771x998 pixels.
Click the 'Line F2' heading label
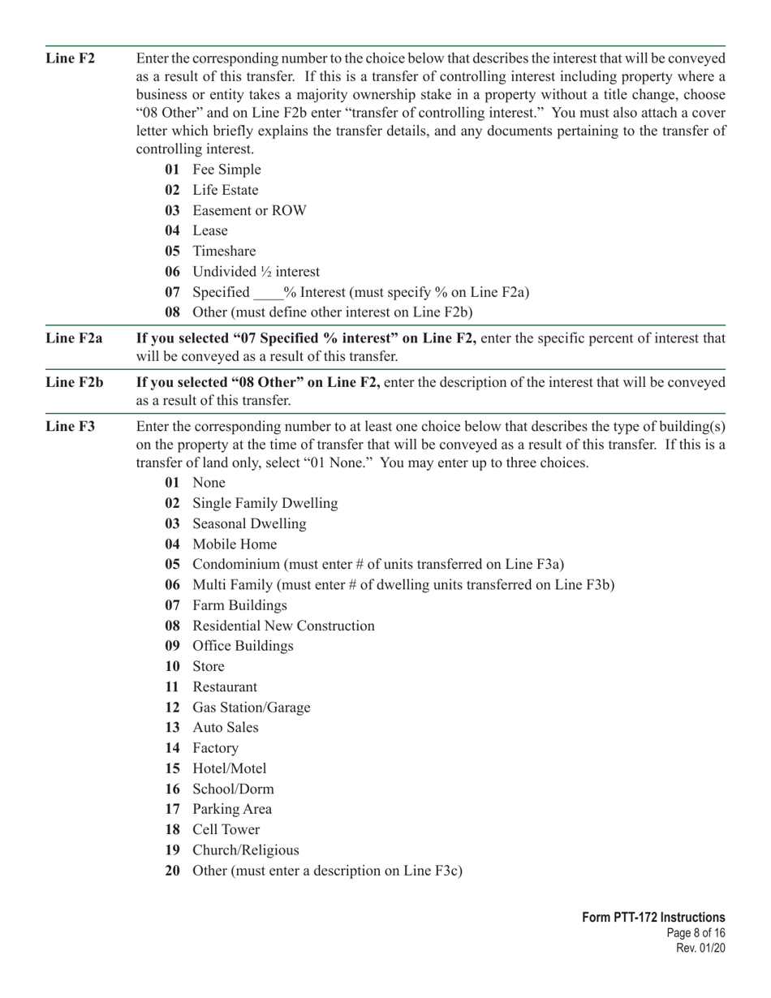coord(70,58)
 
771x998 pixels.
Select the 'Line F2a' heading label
coord(74,338)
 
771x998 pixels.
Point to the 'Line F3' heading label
coord(70,427)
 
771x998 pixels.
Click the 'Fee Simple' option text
coord(226,170)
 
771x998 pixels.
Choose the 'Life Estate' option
coord(225,190)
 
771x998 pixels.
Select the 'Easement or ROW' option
coord(249,211)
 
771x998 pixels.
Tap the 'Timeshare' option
coord(224,252)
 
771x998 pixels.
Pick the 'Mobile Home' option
coord(235,544)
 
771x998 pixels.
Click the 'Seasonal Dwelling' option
coord(249,524)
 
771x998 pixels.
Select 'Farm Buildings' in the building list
coord(239,606)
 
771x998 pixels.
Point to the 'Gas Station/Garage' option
coord(251,708)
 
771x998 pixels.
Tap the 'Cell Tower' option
coord(226,830)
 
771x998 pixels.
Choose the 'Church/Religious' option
coord(245,850)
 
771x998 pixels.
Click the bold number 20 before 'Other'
coord(172,871)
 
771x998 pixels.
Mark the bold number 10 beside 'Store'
coord(172,667)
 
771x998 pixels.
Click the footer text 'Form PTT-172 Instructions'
coord(653,918)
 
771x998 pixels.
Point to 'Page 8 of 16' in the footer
coord(696,933)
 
